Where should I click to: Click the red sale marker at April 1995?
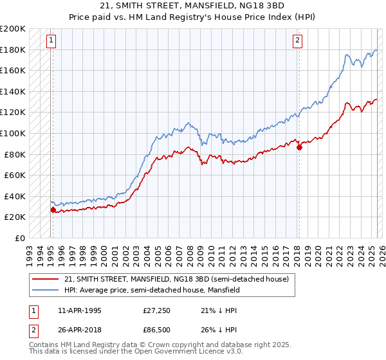(53, 210)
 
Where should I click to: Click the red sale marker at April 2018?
(299, 147)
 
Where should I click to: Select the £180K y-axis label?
(13, 50)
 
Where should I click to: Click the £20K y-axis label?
(15, 217)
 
